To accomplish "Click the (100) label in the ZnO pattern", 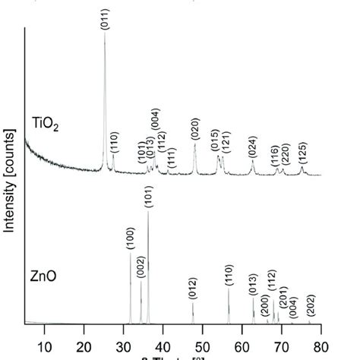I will tap(130, 239).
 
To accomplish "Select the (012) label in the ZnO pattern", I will tap(193, 289).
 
